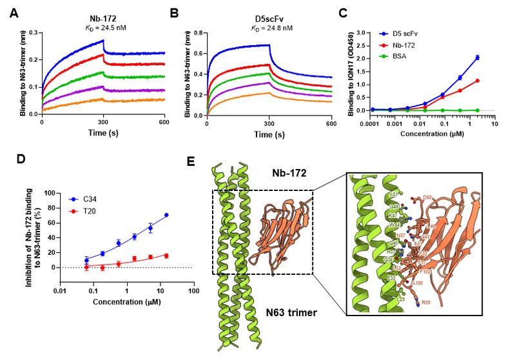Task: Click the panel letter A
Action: coord(13,13)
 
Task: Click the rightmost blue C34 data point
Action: coord(167,215)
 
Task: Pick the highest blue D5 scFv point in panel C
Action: coord(477,57)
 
